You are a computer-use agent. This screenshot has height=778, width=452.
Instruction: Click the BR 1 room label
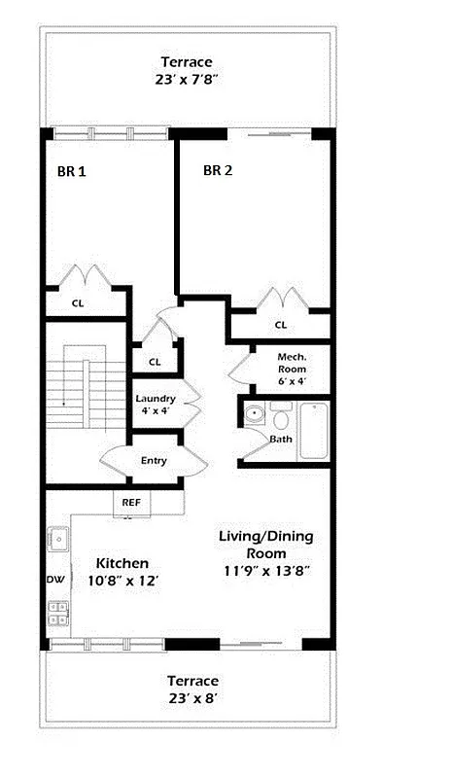pos(71,171)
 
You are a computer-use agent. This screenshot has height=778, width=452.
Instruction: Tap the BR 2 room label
pos(217,171)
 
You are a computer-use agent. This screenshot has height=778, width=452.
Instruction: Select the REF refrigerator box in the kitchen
pos(130,503)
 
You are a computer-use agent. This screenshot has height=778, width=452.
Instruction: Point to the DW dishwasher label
pos(54,580)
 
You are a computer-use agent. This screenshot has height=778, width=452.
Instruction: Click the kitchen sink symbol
pos(56,537)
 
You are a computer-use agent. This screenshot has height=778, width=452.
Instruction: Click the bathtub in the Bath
pos(314,432)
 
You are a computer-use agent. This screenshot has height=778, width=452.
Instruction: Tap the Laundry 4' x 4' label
pos(155,405)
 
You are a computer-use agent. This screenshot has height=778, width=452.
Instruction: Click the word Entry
pos(154,461)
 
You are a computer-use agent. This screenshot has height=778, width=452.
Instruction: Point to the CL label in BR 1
pos(77,302)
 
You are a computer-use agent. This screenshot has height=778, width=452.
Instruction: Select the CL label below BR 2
pos(280,325)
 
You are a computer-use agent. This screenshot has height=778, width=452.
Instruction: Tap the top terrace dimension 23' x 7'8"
pos(187,79)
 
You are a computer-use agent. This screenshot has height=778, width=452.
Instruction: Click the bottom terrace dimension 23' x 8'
pos(191,698)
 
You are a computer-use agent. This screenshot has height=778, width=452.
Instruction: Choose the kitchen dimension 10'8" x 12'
pos(122,581)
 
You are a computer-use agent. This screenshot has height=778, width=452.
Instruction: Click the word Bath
pos(281,440)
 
